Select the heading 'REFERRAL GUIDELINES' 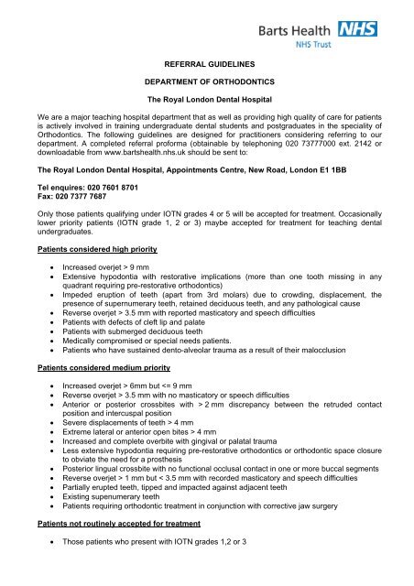click(207, 66)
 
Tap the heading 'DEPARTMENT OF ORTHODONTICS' click(207, 82)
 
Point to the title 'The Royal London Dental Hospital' click(207, 100)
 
